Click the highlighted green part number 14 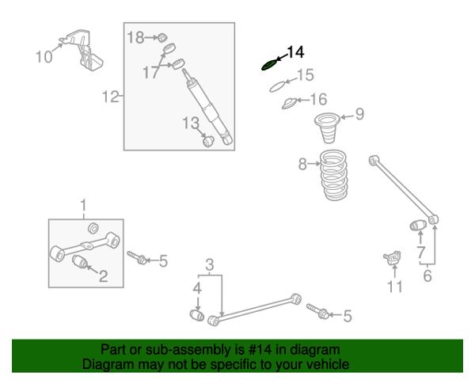point(269,65)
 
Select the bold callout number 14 point(295,52)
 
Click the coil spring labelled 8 point(334,175)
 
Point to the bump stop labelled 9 point(327,127)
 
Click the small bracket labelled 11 point(393,257)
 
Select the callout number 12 point(110,97)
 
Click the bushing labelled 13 point(208,141)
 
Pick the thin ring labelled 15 point(278,85)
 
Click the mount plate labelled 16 point(290,104)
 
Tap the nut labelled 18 point(163,38)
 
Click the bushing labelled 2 point(81,261)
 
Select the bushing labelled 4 point(197,315)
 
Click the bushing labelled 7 point(418,225)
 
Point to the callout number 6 point(427,275)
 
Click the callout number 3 point(210,264)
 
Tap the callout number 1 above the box point(83,205)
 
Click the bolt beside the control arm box point(137,257)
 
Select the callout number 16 point(319,99)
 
